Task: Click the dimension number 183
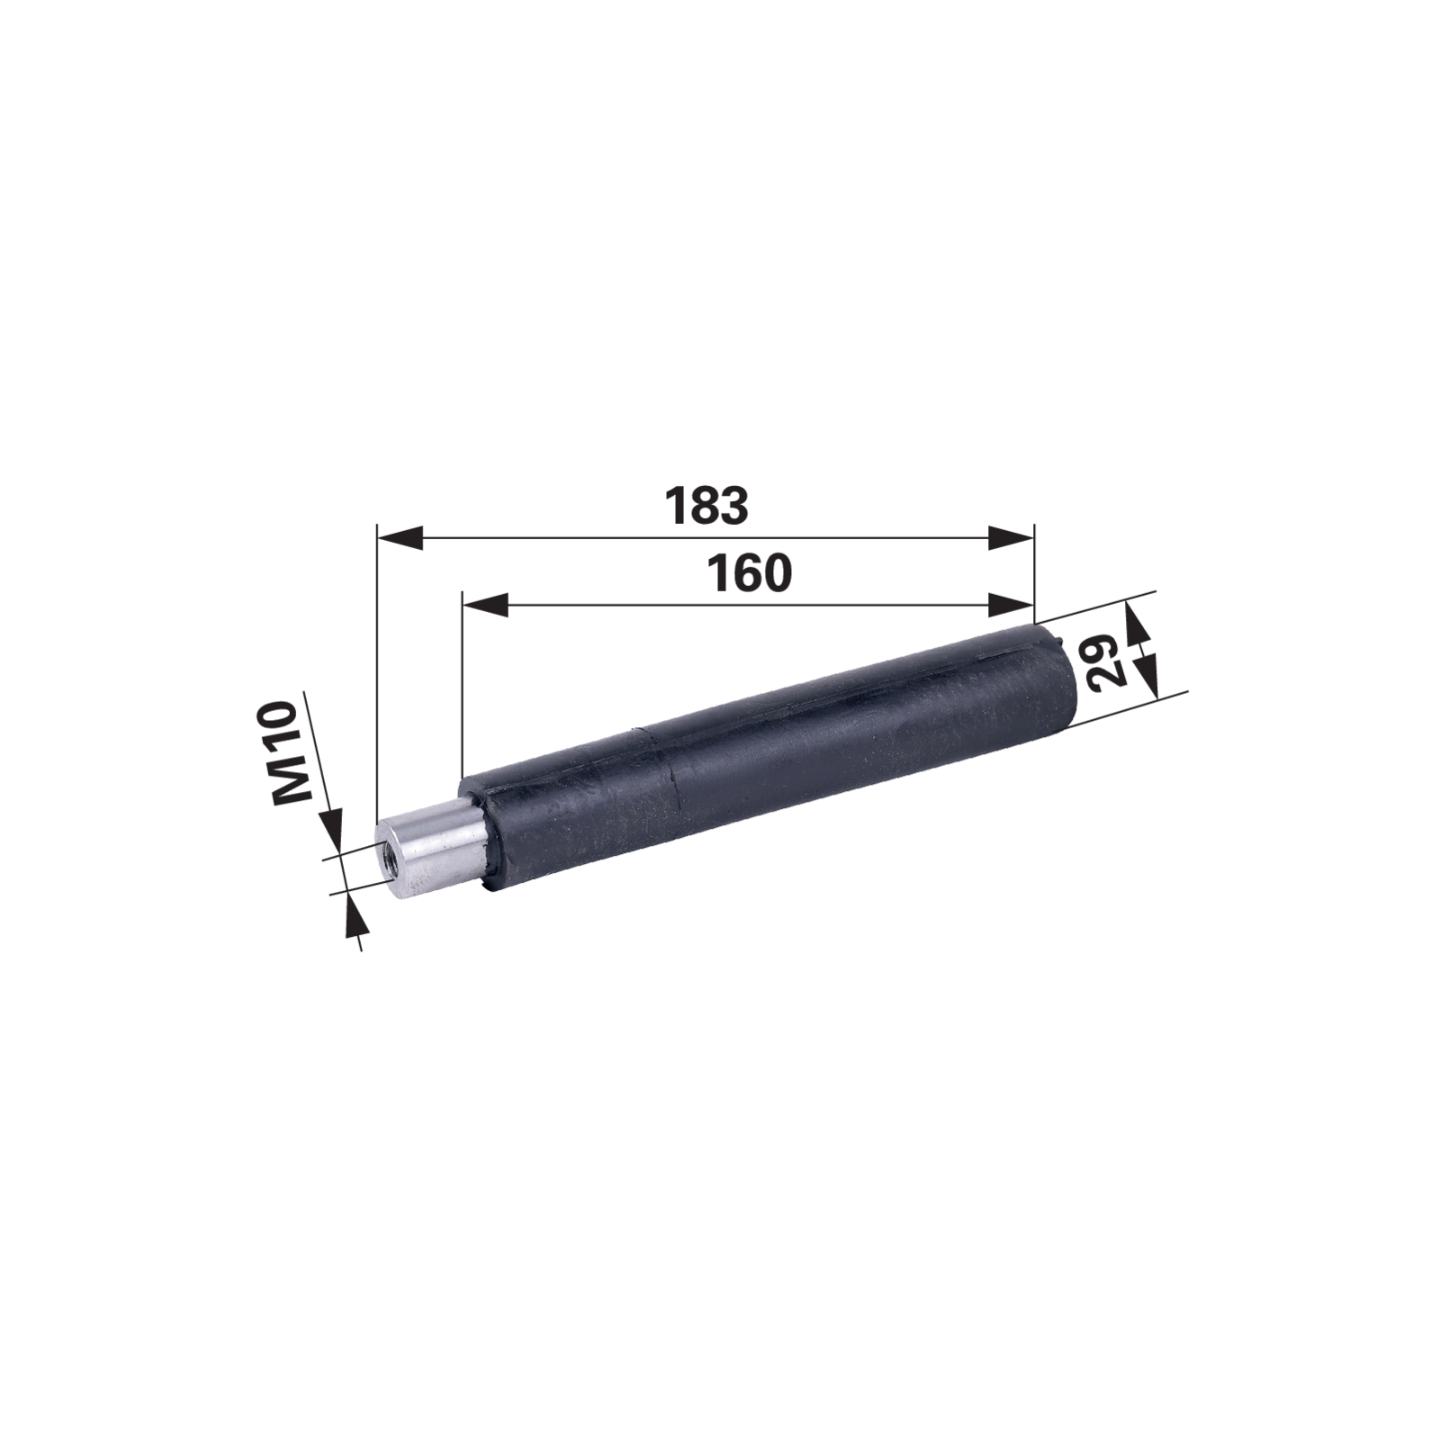(x=706, y=507)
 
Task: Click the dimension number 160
(x=750, y=573)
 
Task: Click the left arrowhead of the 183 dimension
(x=400, y=538)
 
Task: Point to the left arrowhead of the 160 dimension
(x=485, y=605)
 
